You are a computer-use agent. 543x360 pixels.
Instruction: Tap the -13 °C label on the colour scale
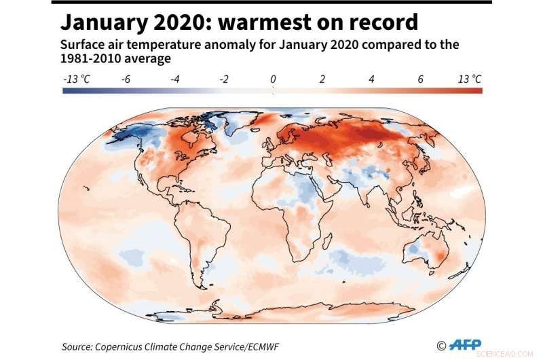click(77, 79)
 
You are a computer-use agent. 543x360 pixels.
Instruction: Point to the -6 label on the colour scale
click(126, 79)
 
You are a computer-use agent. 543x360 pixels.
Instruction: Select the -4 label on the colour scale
click(175, 79)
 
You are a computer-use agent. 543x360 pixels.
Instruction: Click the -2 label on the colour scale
click(224, 79)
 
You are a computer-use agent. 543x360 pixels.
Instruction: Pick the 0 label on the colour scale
click(273, 79)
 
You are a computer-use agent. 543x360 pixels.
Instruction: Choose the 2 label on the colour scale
click(322, 79)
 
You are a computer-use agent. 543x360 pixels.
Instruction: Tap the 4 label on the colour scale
click(371, 79)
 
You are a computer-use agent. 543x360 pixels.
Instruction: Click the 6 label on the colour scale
click(420, 79)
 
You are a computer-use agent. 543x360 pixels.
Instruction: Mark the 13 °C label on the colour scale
click(469, 79)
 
